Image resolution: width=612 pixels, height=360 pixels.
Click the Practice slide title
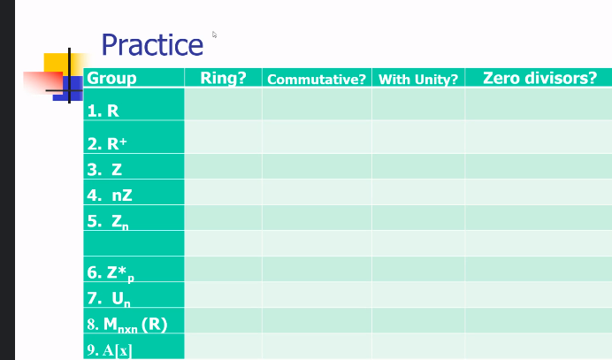(x=152, y=44)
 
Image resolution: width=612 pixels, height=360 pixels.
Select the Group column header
(x=112, y=78)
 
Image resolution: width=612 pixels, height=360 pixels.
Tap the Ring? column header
(x=223, y=78)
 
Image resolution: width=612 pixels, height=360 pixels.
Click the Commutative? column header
(x=317, y=80)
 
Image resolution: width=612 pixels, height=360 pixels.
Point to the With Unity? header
(x=417, y=80)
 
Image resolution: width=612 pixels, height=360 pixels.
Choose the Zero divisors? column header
(x=539, y=78)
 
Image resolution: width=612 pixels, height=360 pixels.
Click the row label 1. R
(x=103, y=111)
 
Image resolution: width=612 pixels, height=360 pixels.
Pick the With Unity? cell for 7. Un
(x=417, y=295)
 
